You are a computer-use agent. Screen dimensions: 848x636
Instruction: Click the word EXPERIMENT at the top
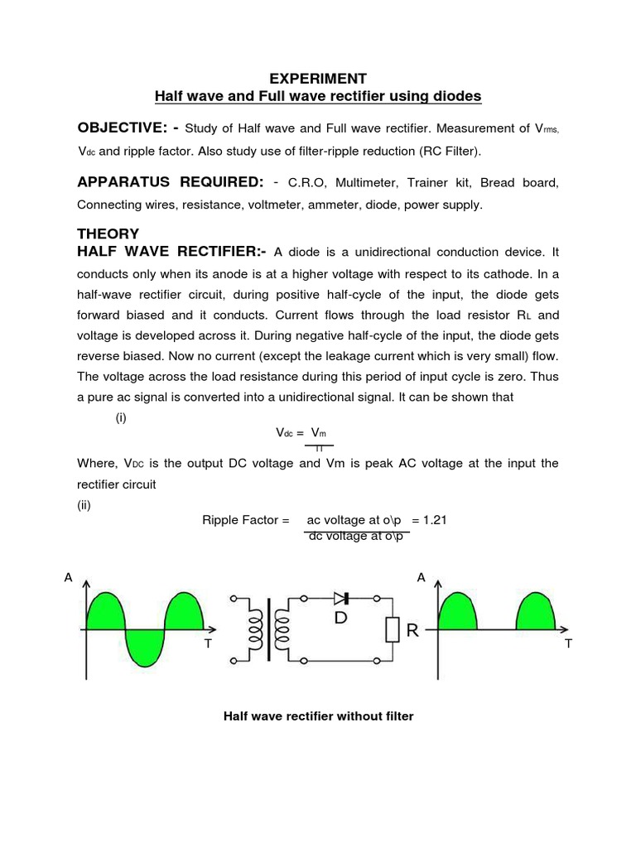click(318, 79)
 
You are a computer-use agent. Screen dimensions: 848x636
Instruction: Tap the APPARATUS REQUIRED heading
click(169, 181)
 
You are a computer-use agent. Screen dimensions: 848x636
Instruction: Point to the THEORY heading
click(108, 234)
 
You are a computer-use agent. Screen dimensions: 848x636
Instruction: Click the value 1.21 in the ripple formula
click(434, 520)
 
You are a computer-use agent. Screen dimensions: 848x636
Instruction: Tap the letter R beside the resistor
click(412, 631)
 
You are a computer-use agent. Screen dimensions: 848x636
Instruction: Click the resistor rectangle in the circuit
click(393, 629)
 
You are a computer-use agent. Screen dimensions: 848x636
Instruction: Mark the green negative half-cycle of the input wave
click(144, 646)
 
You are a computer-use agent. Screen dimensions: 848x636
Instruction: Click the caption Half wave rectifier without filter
click(318, 715)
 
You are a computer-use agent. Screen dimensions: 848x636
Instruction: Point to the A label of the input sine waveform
click(69, 578)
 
